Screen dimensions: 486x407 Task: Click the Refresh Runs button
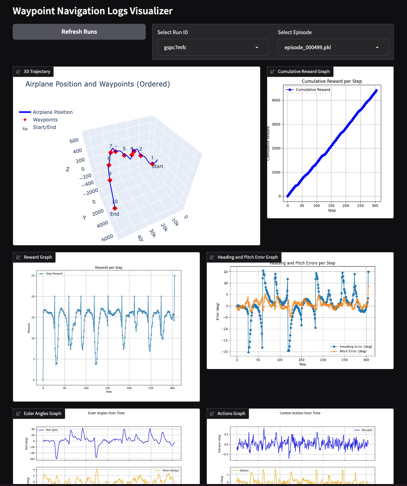[79, 32]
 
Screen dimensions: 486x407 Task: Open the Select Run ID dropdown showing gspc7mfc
[212, 47]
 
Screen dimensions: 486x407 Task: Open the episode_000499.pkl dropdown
[333, 47]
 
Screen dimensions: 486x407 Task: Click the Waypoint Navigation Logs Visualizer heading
[93, 11]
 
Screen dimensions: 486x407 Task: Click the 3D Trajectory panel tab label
[37, 71]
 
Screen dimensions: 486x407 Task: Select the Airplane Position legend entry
[52, 112]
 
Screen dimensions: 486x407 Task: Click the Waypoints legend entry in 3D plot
[45, 120]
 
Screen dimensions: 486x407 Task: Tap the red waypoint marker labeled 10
[115, 208]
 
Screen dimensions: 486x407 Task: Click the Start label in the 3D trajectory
[157, 167]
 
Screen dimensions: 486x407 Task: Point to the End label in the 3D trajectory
[114, 214]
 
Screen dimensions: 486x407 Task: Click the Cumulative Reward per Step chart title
[332, 81]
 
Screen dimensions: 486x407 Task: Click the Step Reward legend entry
[54, 274]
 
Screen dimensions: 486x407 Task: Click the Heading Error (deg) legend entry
[355, 346]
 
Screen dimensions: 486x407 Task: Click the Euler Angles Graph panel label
[42, 413]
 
